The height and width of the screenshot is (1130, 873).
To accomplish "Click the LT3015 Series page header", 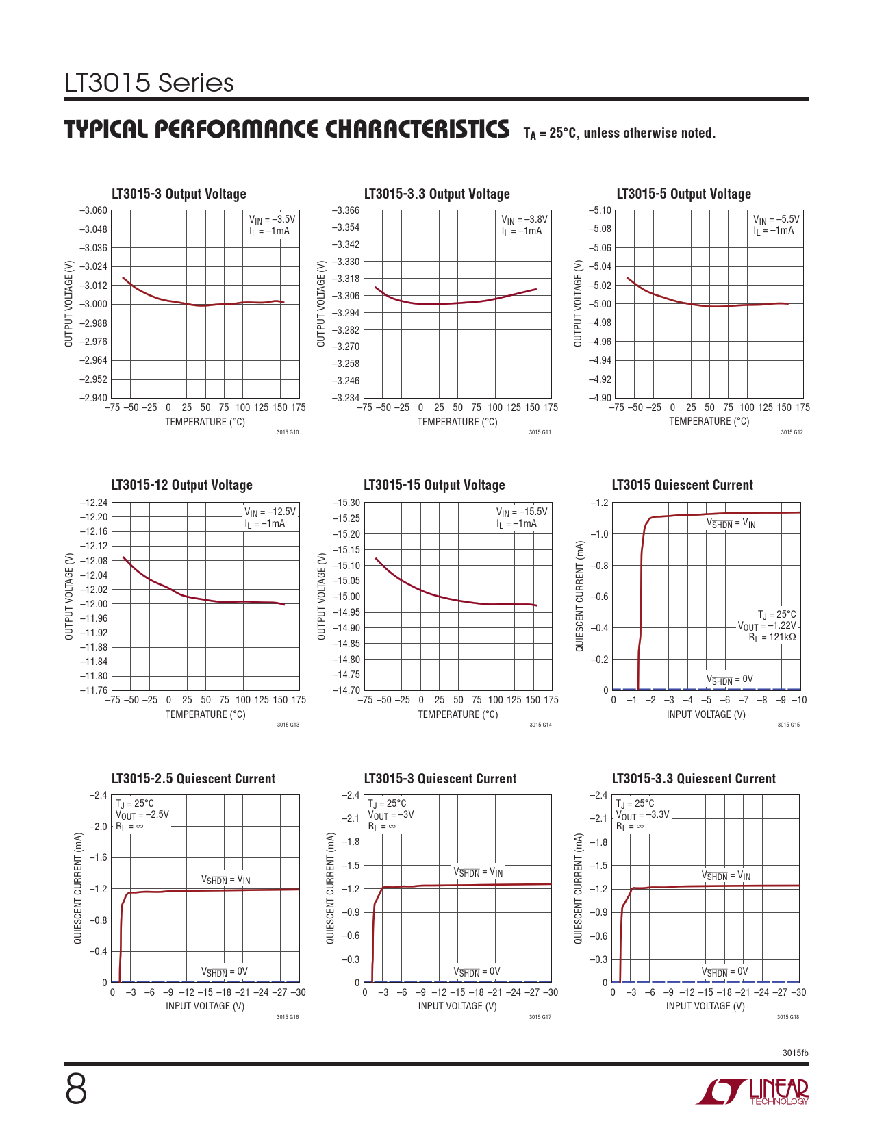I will (149, 83).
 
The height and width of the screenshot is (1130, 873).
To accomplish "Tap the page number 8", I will (76, 1090).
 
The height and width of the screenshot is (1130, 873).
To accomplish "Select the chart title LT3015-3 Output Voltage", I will (179, 194).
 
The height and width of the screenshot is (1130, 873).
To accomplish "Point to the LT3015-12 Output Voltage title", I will (181, 485).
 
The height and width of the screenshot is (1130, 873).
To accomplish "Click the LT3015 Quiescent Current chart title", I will (682, 485).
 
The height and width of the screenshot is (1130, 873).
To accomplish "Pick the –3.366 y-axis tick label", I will (346, 211).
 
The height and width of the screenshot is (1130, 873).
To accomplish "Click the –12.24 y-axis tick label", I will (94, 503).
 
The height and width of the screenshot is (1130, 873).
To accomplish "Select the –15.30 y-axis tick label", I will (346, 503).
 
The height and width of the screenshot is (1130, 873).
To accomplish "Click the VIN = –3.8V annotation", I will (524, 220).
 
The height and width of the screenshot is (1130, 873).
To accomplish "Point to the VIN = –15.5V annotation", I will (522, 512).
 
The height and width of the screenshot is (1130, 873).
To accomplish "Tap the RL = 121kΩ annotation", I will (772, 638).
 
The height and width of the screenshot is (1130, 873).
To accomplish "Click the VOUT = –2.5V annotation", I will (142, 815).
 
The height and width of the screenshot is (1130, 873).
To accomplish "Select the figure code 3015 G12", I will (792, 432).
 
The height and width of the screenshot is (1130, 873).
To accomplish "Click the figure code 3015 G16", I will (288, 1017).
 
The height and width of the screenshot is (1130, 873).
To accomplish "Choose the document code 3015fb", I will (795, 1053).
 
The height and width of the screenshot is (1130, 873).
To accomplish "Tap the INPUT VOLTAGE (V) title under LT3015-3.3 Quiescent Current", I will (705, 1006).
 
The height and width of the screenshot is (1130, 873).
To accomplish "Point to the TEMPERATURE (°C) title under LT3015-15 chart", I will (457, 714).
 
